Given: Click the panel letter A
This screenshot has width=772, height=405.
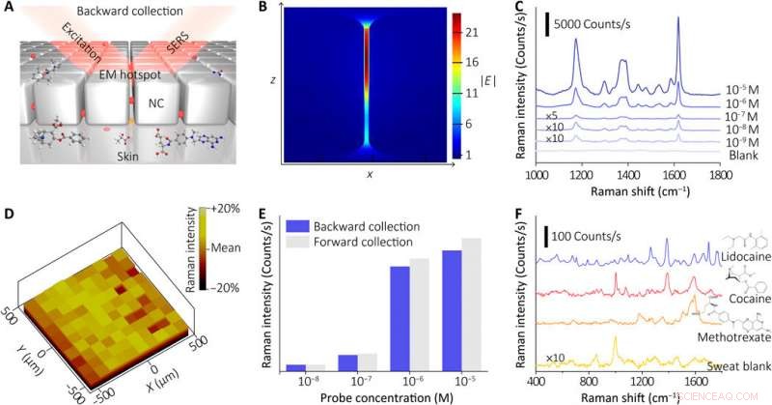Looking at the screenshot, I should (8, 8).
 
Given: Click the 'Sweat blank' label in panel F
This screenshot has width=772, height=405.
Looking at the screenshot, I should (738, 363).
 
